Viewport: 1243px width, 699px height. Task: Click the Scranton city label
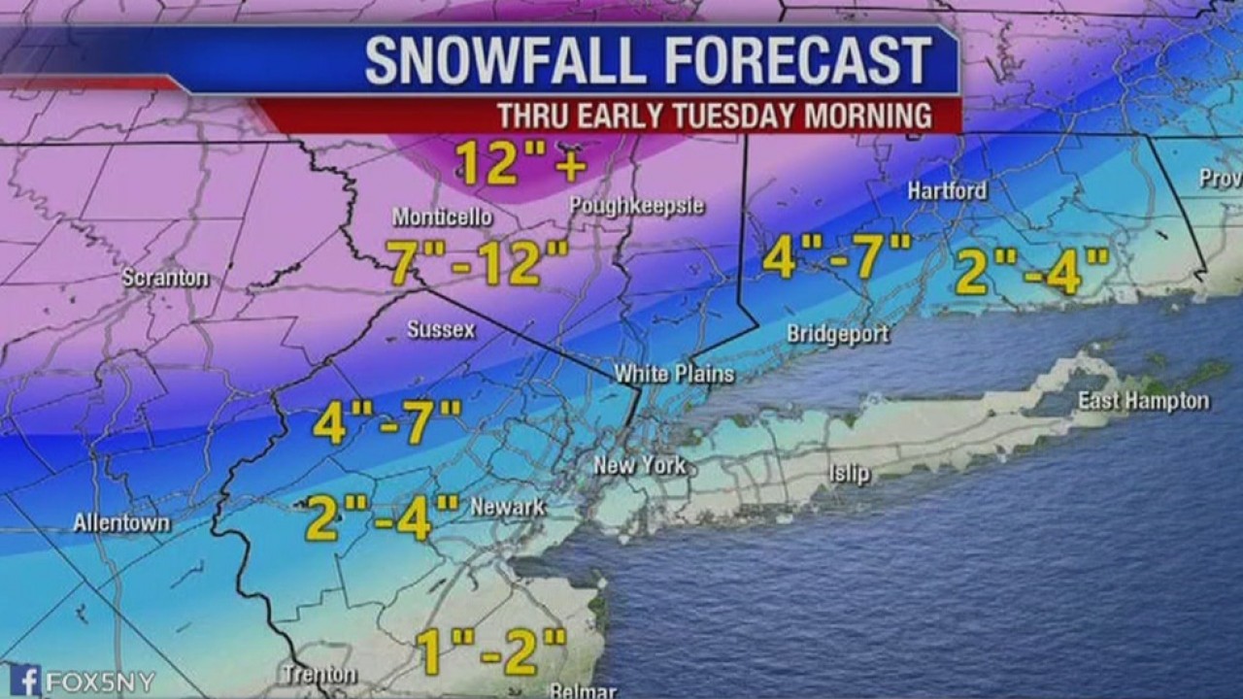(x=165, y=278)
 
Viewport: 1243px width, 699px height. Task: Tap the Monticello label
(x=442, y=216)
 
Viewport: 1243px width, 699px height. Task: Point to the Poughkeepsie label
(x=636, y=206)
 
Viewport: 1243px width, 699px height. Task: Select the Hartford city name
(x=947, y=190)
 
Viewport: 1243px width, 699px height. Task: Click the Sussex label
(x=441, y=330)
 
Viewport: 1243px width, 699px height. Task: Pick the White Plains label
(x=674, y=374)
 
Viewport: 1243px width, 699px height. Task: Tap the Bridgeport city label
(x=837, y=334)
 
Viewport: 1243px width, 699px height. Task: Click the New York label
(x=640, y=465)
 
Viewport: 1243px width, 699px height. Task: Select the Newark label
(x=507, y=507)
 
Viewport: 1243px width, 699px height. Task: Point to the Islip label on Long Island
(x=849, y=475)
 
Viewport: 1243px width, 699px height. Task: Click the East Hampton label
(x=1143, y=401)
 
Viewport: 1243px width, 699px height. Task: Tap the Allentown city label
(x=121, y=523)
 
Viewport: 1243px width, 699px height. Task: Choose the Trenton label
(x=319, y=674)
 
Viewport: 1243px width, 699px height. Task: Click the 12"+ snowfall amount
(x=521, y=162)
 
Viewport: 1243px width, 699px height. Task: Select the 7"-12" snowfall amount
(x=478, y=262)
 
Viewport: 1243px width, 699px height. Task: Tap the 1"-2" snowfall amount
(x=491, y=651)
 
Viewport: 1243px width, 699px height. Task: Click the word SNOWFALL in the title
(x=503, y=61)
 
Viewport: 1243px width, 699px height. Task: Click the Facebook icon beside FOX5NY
(x=24, y=680)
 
